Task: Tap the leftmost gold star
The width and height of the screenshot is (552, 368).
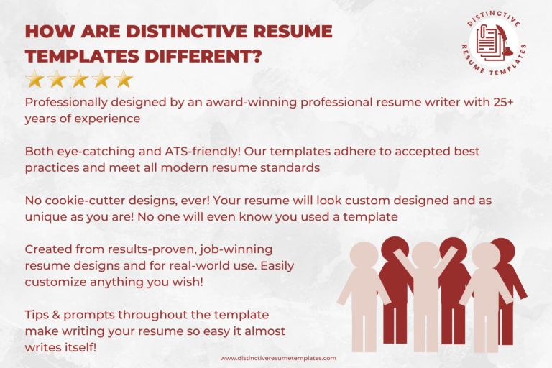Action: (x=34, y=78)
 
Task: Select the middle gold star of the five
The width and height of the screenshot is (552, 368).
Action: (x=79, y=78)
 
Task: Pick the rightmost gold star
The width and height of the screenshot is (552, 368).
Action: (x=124, y=78)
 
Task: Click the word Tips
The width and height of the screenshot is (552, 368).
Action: (x=39, y=315)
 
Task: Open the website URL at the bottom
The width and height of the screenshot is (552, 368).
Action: (x=278, y=357)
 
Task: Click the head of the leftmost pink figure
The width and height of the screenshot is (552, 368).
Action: (x=363, y=255)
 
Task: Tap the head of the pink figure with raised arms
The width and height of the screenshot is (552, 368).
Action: (x=425, y=254)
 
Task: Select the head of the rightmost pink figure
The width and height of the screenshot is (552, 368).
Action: (x=486, y=255)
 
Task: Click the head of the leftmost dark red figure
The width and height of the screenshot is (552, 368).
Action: (x=394, y=249)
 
